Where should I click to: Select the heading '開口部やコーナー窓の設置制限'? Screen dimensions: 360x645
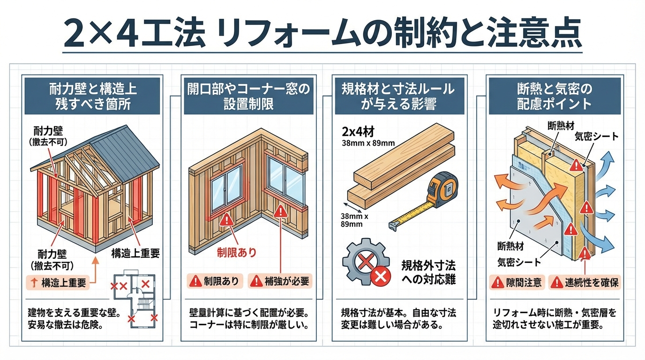(x=248, y=96)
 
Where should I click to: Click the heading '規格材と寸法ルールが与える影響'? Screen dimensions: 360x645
(x=399, y=96)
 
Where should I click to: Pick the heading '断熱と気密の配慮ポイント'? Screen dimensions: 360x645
(x=555, y=96)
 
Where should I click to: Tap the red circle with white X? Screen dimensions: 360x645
(x=381, y=276)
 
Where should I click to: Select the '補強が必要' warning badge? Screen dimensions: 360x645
(x=280, y=281)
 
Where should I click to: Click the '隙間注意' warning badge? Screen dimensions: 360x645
(x=517, y=282)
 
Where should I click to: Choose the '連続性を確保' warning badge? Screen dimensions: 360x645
(x=585, y=282)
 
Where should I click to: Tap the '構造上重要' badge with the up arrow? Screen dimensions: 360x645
(x=58, y=283)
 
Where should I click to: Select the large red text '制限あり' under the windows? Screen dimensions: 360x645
(x=236, y=252)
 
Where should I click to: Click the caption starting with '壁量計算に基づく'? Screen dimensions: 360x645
(x=248, y=318)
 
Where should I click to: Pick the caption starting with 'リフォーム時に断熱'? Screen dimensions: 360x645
(x=554, y=318)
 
